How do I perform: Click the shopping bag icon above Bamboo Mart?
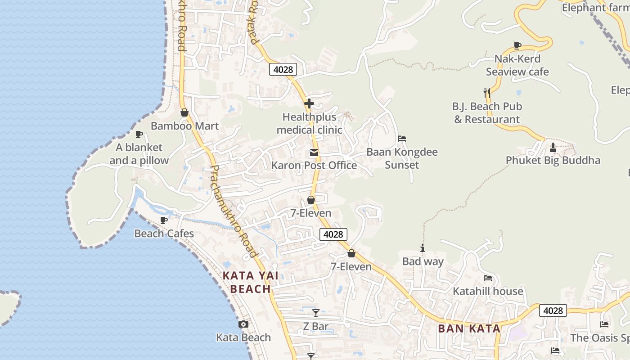184,112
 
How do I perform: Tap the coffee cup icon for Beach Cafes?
164,220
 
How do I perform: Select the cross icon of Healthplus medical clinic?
309,103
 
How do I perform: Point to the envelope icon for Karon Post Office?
314,153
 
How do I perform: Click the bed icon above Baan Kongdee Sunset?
402,139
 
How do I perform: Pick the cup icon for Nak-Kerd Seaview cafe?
517,45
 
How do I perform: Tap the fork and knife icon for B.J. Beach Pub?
486,93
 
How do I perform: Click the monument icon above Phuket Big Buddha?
553,147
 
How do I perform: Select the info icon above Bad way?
422,248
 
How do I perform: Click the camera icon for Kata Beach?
243,324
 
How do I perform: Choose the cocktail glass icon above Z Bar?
315,313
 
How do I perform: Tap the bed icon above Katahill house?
487,278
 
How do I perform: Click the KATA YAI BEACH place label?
250,282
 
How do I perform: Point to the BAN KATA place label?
469,328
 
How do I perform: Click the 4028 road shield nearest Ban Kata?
553,310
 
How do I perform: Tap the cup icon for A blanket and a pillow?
139,134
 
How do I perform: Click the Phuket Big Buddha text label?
553,160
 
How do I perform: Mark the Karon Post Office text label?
314,165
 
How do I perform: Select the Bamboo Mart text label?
184,126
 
